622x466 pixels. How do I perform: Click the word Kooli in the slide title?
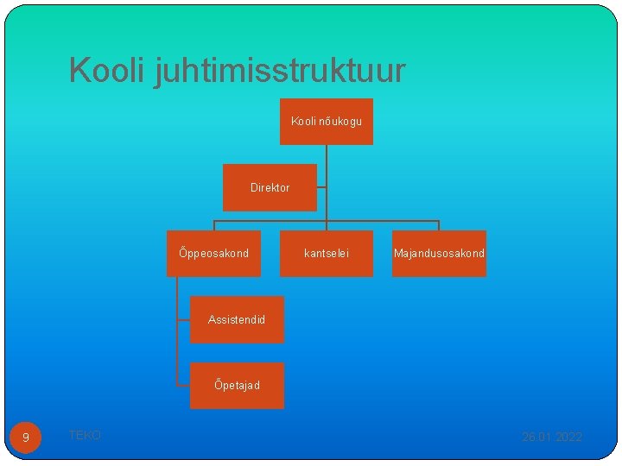107,71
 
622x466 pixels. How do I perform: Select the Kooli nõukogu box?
327,121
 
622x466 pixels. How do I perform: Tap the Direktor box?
270,188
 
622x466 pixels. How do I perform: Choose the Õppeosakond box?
213,254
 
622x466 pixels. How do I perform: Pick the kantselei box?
327,254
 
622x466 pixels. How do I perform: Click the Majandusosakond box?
439,254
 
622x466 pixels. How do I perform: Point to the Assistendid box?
237,320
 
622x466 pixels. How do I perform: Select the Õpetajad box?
237,386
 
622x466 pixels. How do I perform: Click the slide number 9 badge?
26,438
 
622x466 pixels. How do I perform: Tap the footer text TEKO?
85,436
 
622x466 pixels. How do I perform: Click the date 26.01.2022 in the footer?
552,437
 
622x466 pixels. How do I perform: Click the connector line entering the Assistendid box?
181,319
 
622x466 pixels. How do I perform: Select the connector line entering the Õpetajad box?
181,385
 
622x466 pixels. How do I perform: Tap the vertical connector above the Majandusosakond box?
439,225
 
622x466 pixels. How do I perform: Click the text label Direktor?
270,188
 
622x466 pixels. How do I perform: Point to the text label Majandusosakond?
439,254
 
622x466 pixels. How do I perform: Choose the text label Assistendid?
237,320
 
